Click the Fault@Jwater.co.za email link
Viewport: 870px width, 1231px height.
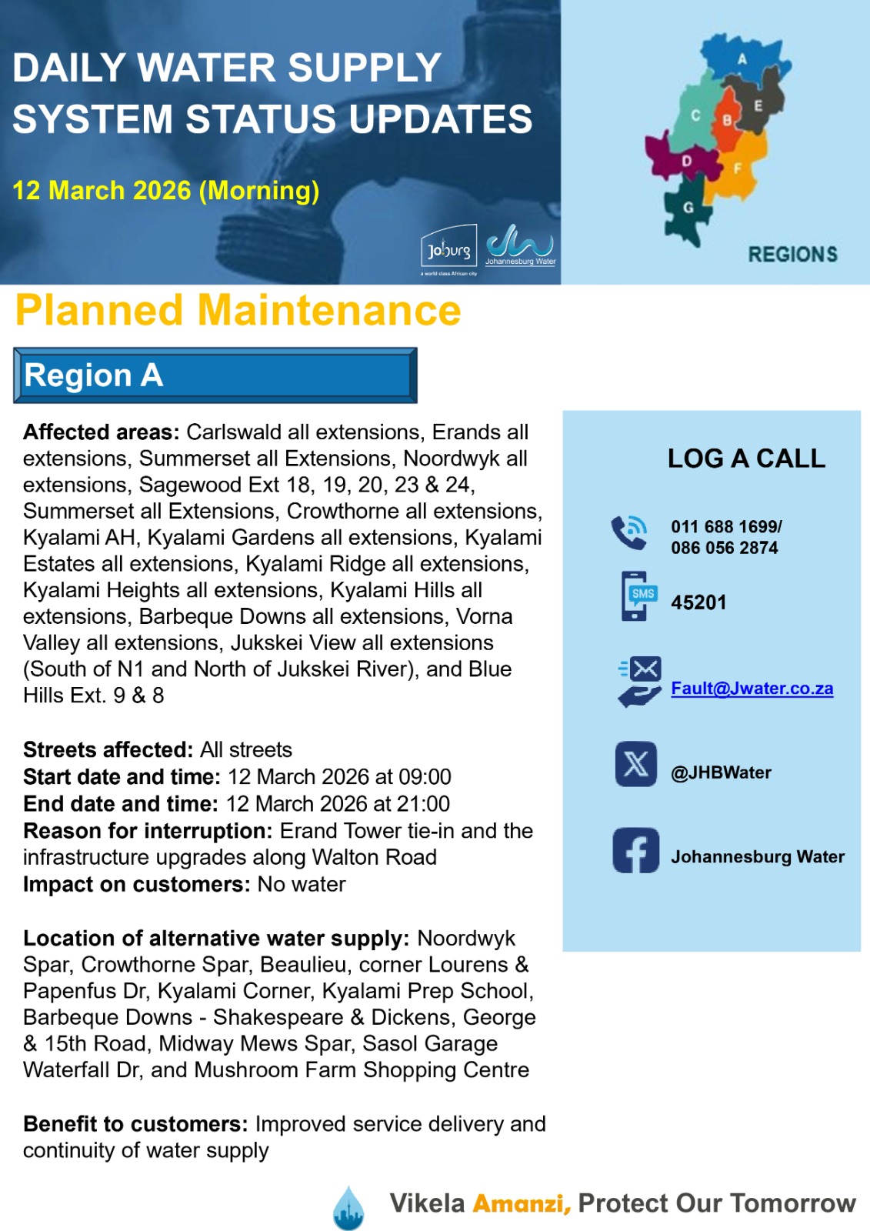coord(752,689)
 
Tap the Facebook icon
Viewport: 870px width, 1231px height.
coord(635,850)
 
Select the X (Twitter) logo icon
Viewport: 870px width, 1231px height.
coord(635,764)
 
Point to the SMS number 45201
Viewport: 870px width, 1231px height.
coord(698,602)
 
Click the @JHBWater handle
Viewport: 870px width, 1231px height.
coord(721,772)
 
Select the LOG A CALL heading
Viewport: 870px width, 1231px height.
coord(746,459)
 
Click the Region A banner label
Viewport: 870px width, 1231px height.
coord(94,375)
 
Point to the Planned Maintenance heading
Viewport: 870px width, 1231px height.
coord(238,311)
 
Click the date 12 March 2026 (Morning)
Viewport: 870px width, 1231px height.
coord(165,190)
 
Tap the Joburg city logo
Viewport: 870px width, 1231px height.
coord(449,249)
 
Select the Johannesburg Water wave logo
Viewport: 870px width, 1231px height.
coord(520,245)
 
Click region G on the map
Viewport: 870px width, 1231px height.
coord(688,207)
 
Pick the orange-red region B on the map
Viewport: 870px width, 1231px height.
coord(727,121)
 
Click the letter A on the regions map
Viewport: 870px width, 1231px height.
coord(742,59)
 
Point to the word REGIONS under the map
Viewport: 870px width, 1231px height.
coord(792,255)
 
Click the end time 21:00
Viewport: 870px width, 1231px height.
coord(423,804)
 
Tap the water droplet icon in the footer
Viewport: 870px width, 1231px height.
coord(348,1207)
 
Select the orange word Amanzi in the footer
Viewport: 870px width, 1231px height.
coord(521,1203)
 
